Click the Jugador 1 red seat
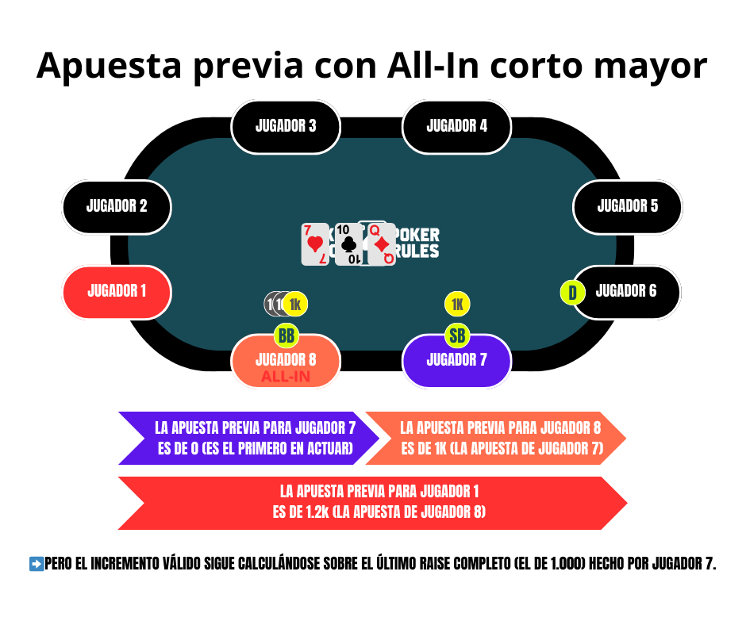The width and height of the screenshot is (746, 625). (117, 292)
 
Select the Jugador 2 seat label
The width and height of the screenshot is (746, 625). (117, 207)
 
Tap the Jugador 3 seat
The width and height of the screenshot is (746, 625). (286, 126)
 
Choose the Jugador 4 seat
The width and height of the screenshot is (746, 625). (456, 126)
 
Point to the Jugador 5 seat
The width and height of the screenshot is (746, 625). (627, 207)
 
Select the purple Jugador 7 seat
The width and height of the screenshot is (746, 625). (456, 361)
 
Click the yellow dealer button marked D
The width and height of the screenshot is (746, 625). (572, 293)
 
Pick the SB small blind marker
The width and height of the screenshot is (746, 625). (457, 336)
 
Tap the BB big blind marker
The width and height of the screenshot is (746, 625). (286, 336)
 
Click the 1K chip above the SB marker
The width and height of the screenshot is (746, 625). (457, 304)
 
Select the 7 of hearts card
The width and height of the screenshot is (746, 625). (315, 244)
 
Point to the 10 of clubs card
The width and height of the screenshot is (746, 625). (348, 244)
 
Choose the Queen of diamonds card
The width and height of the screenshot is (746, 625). (382, 244)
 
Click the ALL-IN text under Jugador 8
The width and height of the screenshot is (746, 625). (286, 377)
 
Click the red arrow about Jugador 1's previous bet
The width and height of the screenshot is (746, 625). (373, 503)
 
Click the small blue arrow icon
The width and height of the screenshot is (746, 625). (37, 564)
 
